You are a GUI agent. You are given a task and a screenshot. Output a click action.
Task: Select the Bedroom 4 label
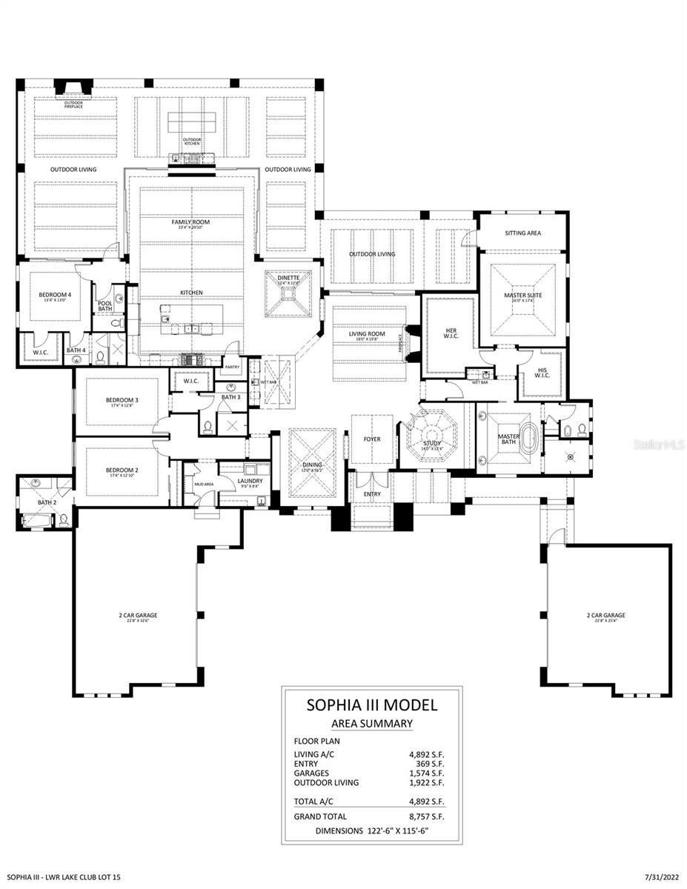(x=55, y=294)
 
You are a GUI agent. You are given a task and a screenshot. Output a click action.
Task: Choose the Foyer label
(x=371, y=439)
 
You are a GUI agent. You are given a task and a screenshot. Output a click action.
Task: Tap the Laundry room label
(x=250, y=481)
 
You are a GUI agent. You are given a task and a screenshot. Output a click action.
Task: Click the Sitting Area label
(x=522, y=233)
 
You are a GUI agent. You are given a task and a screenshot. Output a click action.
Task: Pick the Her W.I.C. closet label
(x=451, y=333)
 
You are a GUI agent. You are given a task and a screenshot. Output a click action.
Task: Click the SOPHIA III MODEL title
(x=371, y=705)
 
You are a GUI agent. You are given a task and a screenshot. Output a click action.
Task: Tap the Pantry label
(x=233, y=366)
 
